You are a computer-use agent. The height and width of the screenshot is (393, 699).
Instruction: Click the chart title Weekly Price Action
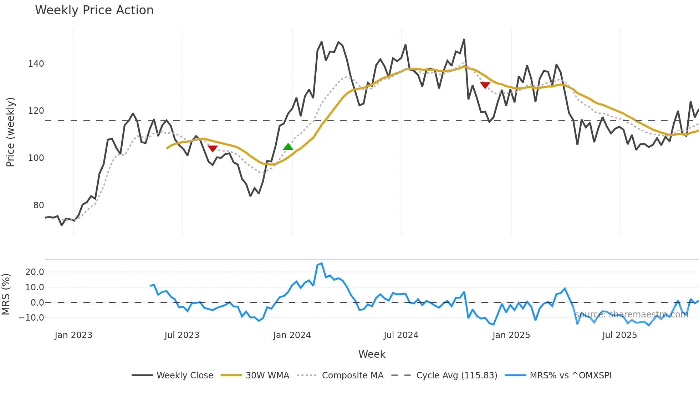coord(94,10)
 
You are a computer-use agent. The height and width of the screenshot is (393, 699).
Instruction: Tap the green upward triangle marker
coord(288,147)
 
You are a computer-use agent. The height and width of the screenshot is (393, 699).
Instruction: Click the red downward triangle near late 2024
coord(485,85)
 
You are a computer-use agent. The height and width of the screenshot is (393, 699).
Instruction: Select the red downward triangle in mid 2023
coord(213,148)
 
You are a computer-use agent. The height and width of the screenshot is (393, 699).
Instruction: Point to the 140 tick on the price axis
coord(36,64)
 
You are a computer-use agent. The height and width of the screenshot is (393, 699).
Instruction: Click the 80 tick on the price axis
coord(39,205)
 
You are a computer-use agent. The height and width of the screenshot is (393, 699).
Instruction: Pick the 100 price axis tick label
coord(36,158)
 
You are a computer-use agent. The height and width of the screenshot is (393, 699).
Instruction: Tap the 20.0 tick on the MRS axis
coord(35,272)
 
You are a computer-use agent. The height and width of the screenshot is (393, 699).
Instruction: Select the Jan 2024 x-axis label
coord(292,335)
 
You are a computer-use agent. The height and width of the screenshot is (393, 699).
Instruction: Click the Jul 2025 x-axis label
coord(619,335)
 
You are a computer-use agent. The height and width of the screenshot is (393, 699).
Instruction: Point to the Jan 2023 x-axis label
coord(73,335)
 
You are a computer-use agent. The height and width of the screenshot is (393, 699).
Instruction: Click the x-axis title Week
coord(372,354)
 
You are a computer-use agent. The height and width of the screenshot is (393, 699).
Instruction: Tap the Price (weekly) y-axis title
coord(10,132)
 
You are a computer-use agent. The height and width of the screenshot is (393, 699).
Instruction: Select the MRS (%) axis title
coord(6,294)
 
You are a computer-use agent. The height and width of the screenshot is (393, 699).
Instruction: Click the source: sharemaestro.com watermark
coord(631,315)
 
